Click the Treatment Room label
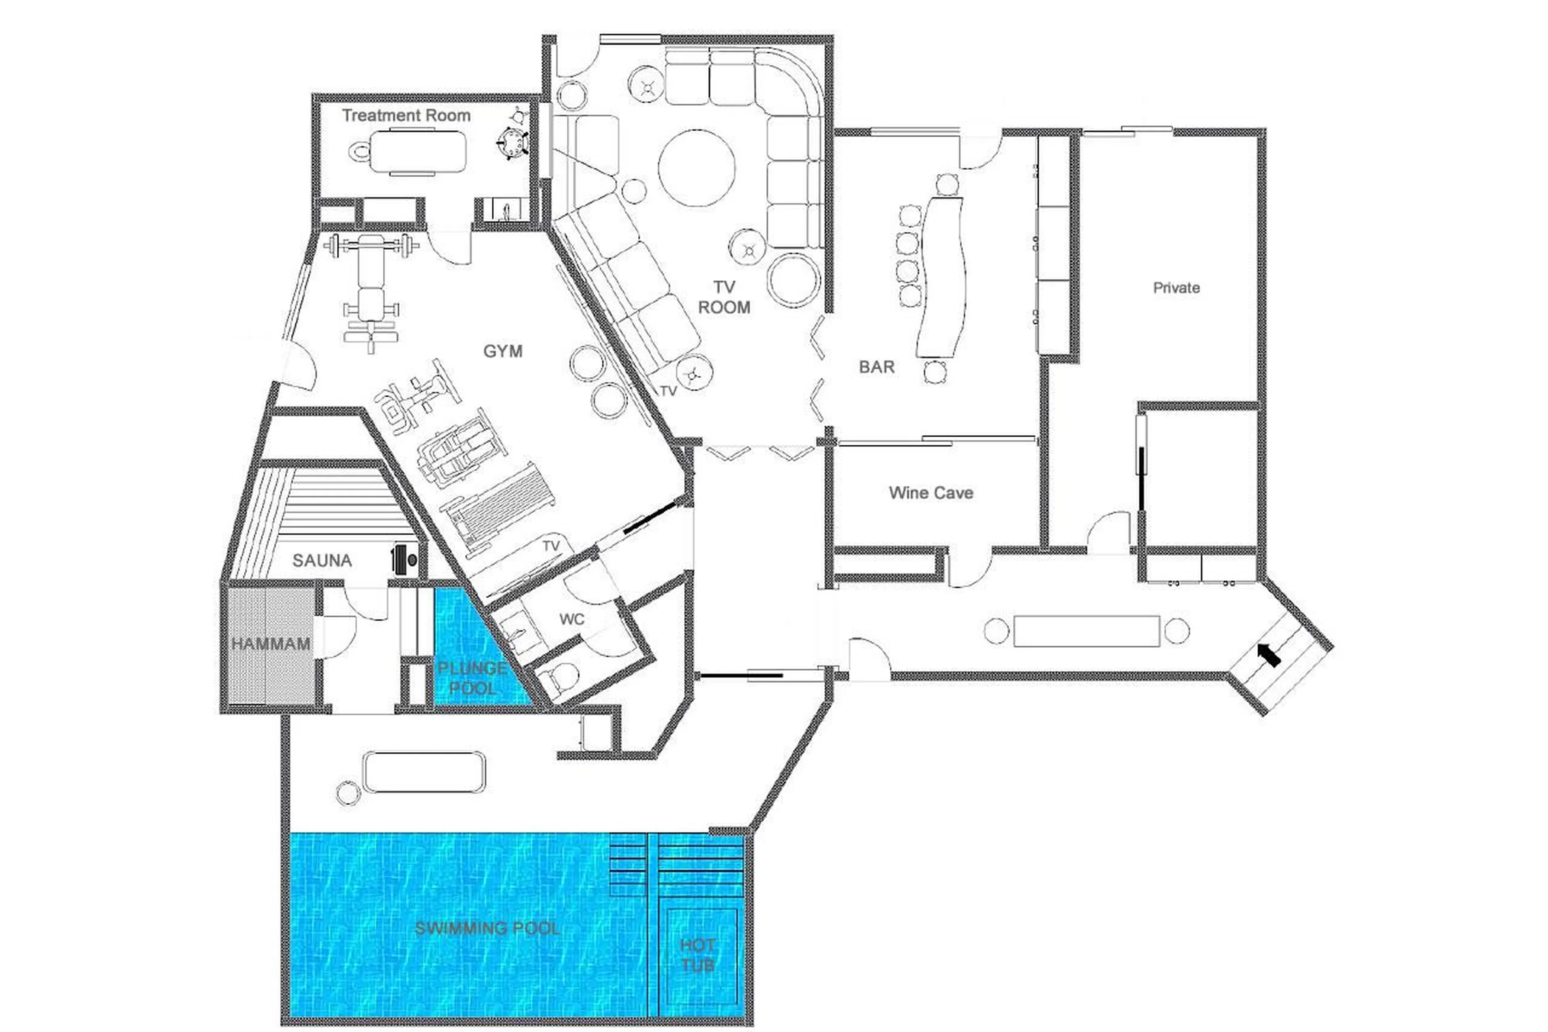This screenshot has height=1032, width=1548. pos(406,115)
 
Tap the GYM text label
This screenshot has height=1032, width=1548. pos(503,351)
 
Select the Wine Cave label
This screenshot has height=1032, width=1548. pos(930,493)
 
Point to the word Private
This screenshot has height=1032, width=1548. pos(1176,288)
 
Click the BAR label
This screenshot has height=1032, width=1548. pos(876,367)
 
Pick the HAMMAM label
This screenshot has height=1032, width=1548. pos(270,644)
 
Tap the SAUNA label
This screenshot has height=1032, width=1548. pos(322,561)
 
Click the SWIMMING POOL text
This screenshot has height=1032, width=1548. pos(487,928)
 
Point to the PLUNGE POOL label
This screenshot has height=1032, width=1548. pos(472,678)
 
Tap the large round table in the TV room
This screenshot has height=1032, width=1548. pos(696,168)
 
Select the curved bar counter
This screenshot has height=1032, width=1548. pos(943,276)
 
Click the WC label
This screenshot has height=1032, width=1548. pos(571,619)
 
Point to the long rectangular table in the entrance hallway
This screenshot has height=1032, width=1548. pos(1086,630)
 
